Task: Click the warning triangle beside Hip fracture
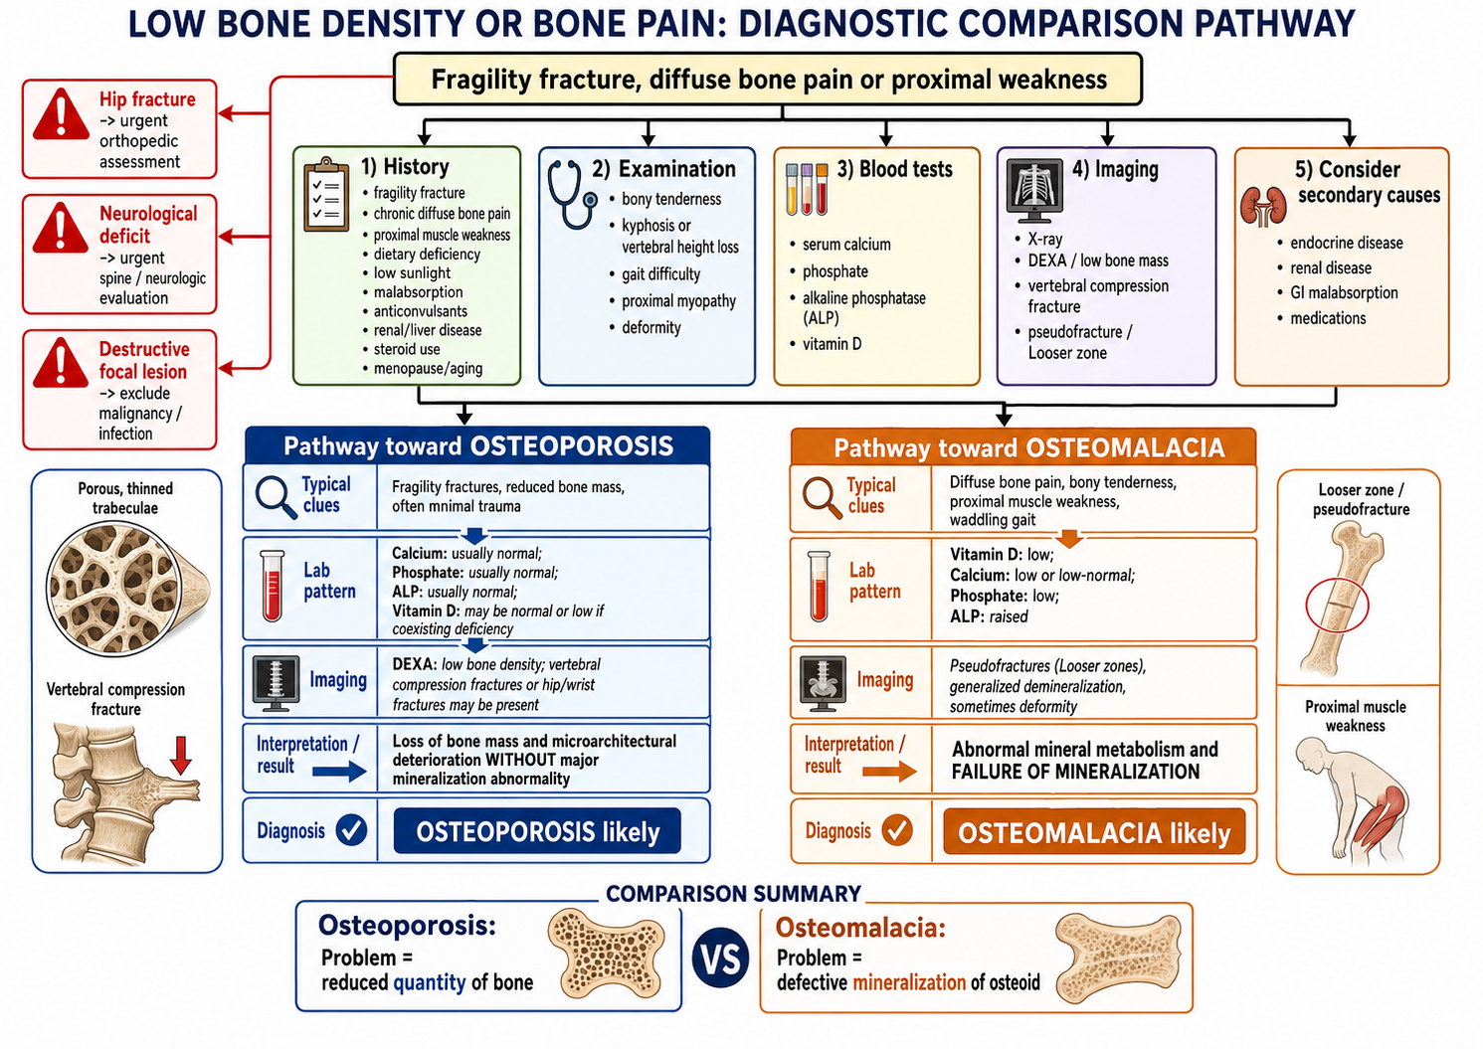click(x=61, y=113)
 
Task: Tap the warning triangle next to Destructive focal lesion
click(x=61, y=362)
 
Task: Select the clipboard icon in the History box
click(x=325, y=195)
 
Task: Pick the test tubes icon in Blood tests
click(x=807, y=189)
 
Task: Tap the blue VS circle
click(x=720, y=959)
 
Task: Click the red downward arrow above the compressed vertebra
click(x=181, y=755)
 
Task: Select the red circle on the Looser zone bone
click(x=1337, y=606)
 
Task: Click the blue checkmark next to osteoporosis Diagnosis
click(x=351, y=830)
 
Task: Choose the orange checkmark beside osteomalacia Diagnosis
click(x=898, y=830)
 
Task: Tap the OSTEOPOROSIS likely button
click(x=537, y=831)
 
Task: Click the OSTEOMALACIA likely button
click(x=1094, y=832)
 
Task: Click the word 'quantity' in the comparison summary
click(x=430, y=983)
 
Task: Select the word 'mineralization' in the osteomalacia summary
click(x=909, y=982)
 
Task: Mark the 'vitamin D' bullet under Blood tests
click(x=826, y=344)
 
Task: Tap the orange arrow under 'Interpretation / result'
click(x=889, y=772)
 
